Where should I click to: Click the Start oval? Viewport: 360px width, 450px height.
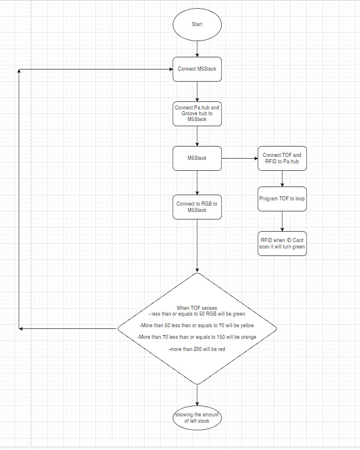(x=197, y=24)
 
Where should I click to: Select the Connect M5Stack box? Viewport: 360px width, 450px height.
(x=197, y=69)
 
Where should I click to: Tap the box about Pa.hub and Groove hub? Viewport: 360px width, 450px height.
(x=197, y=113)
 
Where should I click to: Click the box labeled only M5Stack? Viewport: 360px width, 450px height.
(x=197, y=158)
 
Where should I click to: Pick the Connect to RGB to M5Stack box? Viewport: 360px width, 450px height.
(x=197, y=207)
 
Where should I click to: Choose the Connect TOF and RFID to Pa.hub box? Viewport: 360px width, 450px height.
(x=282, y=158)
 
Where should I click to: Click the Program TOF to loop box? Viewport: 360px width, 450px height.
(x=282, y=198)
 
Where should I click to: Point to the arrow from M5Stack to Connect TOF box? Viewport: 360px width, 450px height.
(x=239, y=158)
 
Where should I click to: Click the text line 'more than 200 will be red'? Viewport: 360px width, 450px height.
(x=197, y=349)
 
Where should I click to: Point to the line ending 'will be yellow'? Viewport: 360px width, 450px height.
(x=197, y=325)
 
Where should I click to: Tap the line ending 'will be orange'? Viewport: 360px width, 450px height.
(x=197, y=337)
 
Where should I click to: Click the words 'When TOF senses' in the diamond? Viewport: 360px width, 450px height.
(x=197, y=307)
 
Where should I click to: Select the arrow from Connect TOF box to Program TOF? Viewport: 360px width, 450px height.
(x=282, y=179)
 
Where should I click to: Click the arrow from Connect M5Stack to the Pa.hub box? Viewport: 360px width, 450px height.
(x=197, y=91)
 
